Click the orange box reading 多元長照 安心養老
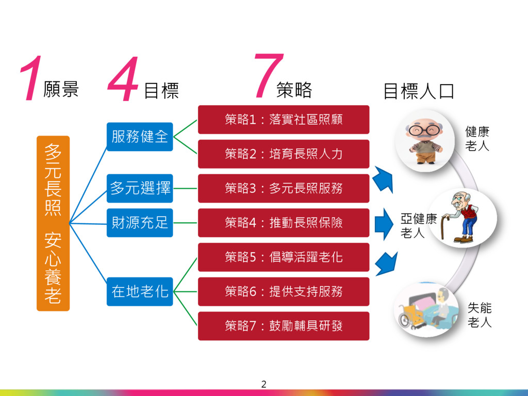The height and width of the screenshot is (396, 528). (x=53, y=223)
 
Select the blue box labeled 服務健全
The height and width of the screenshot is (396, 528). (x=140, y=137)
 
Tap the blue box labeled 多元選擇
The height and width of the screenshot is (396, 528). (x=140, y=188)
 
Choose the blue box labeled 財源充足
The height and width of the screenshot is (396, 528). (x=140, y=223)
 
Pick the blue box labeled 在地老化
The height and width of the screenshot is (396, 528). (x=140, y=291)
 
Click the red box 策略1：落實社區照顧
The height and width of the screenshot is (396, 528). (x=284, y=120)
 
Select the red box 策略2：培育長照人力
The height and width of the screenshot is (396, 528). (x=284, y=154)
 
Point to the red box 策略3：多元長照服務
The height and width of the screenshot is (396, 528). (x=284, y=188)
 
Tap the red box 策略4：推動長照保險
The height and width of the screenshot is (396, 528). (x=284, y=223)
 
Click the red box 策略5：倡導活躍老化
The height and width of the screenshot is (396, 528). (x=284, y=257)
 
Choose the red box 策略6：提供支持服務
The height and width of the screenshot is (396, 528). (x=284, y=291)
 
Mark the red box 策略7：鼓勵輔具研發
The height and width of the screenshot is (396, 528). (x=284, y=326)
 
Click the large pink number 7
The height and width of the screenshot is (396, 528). (x=269, y=76)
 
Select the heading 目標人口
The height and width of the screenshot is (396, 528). (x=419, y=91)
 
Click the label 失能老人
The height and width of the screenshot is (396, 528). (x=479, y=316)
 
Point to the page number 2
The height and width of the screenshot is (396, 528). (x=264, y=384)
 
